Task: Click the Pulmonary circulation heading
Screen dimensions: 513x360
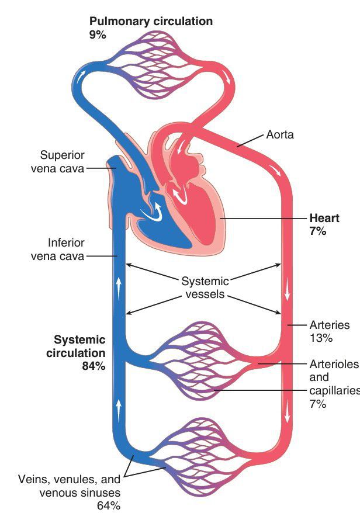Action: pos(151,22)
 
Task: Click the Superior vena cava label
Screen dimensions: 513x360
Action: pos(63,162)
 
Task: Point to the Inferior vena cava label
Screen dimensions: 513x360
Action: pos(65,249)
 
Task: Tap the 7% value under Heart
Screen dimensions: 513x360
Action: pos(319,231)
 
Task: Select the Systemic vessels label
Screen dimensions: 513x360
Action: pos(205,287)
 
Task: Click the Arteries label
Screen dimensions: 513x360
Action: pos(329,325)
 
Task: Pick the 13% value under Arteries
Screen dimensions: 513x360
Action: pos(320,338)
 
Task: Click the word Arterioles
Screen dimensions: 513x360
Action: pos(333,365)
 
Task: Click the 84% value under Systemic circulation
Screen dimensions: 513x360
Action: pos(92,366)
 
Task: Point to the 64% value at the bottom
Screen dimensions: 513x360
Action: pos(108,504)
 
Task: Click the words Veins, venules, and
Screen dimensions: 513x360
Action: pos(68,479)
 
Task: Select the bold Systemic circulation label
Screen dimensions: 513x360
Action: pos(79,346)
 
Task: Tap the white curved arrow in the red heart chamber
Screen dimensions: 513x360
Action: pos(182,191)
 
